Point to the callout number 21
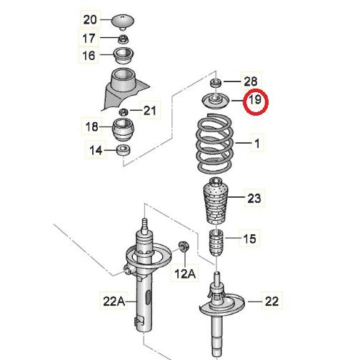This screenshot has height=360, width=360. coord(149,110)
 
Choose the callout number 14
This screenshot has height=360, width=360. coord(96,149)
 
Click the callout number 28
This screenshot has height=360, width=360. coord(251,82)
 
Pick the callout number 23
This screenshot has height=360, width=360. coord(254,198)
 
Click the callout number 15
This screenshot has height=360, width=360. coord(249,239)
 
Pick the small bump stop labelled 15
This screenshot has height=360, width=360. coord(215,244)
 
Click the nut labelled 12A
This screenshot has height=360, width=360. coord(183,246)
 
